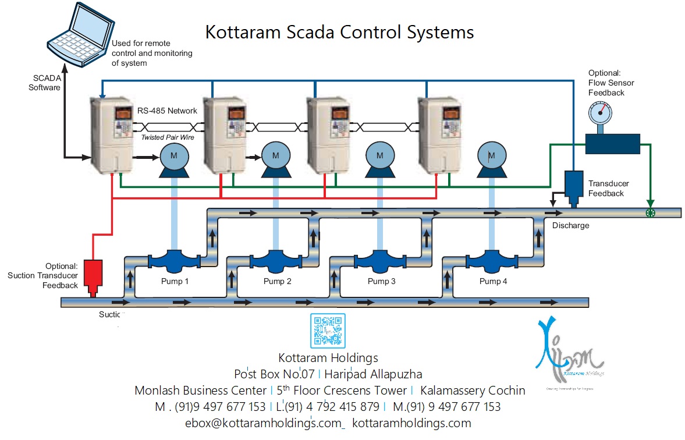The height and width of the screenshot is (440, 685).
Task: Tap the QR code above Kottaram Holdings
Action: tap(328, 331)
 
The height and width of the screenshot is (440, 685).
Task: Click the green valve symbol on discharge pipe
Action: tap(651, 213)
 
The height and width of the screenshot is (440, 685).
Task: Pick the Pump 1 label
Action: tap(175, 282)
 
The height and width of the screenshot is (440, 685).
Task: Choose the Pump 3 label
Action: tap(382, 282)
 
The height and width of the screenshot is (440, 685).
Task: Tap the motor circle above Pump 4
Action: tap(491, 155)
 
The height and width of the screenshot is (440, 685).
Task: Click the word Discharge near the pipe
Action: tap(570, 226)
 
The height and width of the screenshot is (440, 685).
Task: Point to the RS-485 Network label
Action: tap(167, 111)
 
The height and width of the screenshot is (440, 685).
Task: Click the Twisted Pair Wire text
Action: tap(167, 137)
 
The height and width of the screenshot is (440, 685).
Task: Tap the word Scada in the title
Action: tap(299, 31)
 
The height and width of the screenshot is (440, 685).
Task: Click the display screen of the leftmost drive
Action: tap(123, 113)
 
